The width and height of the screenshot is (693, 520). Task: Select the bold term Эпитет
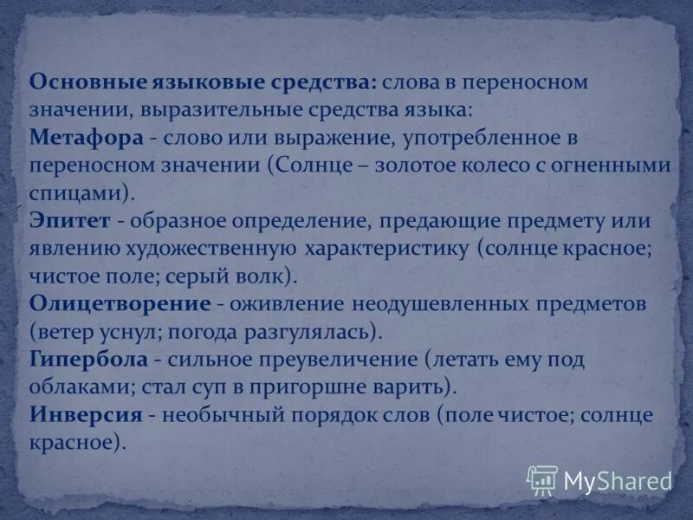pyautogui.click(x=70, y=221)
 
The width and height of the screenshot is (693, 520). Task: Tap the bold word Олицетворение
pyautogui.click(x=120, y=304)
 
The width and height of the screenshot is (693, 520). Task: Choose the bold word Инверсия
pyautogui.click(x=86, y=414)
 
